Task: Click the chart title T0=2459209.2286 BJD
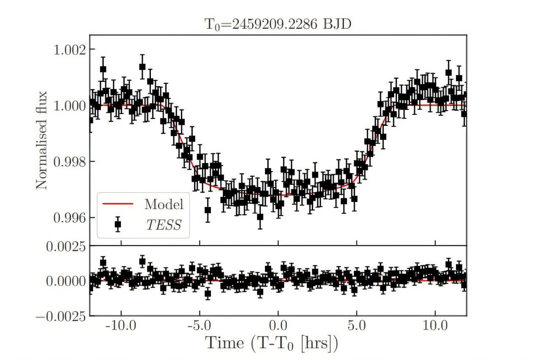click(278, 25)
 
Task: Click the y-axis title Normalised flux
click(41, 140)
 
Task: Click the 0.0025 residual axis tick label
click(66, 247)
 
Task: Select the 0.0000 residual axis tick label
click(66, 281)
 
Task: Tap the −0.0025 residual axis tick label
click(61, 316)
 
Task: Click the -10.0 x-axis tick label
click(121, 326)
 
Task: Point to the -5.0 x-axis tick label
click(199, 326)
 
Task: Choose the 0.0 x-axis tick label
click(278, 326)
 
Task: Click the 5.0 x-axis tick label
click(357, 326)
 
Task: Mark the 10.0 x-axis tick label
click(435, 326)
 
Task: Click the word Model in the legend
click(164, 204)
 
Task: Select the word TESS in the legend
click(164, 225)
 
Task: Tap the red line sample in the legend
click(118, 204)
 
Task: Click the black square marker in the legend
click(118, 224)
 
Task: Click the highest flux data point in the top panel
click(142, 67)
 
